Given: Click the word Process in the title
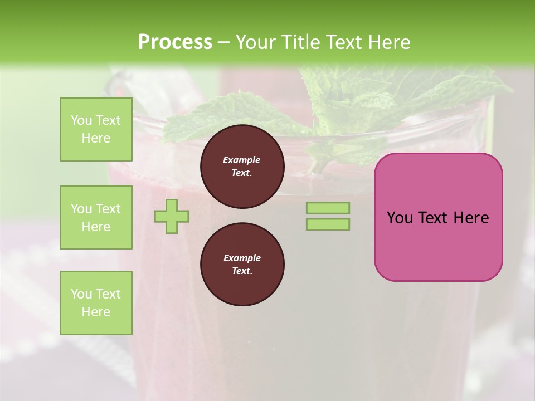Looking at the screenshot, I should pos(175,42).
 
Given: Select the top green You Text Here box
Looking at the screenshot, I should pos(96,129).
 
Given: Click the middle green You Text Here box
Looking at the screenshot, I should pos(96,217).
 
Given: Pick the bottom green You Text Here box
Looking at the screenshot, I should pos(96,303).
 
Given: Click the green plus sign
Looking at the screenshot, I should pos(172,216).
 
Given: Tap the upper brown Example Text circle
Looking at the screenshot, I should pos(242,167).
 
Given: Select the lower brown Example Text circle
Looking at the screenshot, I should pos(242,265).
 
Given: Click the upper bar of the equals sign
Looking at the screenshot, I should pos(328,208).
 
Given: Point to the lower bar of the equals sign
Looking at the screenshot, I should pos(328,224).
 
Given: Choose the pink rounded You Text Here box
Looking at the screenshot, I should pos(438,217).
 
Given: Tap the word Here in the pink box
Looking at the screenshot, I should pos(471,218).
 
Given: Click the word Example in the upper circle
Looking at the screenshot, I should pos(242,160).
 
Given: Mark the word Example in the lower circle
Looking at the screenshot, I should pos(242,258).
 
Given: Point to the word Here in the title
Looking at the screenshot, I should pos(390,42).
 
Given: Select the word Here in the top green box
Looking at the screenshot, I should pos(96,138).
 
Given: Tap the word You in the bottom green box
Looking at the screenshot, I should pos(81,294).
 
